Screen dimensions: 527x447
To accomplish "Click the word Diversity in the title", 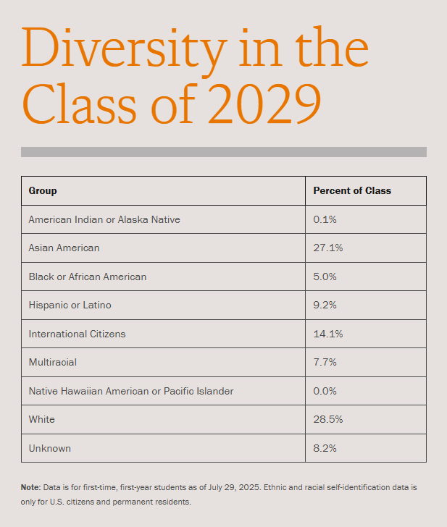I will pos(121,49).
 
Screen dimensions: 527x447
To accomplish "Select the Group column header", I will pos(43,191).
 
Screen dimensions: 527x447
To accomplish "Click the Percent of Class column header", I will pos(351,191).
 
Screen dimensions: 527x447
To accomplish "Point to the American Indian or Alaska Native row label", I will pos(104,219).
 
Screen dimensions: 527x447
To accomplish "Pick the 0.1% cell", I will pos(325,219).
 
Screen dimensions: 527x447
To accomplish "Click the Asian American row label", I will pos(64,248).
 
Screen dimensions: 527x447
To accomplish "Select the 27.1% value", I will pos(328,248).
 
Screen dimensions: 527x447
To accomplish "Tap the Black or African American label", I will pos(87,277).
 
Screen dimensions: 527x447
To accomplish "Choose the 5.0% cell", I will pos(326,277).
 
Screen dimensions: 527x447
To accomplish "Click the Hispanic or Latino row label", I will pos(70,305).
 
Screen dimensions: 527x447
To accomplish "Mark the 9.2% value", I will pos(326,305).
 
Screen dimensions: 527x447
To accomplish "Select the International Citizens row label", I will pos(77,334).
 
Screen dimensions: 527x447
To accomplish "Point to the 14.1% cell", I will pos(328,334).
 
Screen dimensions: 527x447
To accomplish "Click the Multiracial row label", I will pos(52,362).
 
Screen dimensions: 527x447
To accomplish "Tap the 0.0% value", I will pos(326,391).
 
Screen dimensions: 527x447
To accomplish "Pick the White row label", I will pos(41,419).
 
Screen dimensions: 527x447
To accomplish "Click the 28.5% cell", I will pos(328,419).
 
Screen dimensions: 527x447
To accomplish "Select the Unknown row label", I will pos(49,448).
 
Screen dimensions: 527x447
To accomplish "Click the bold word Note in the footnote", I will pos(30,488).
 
